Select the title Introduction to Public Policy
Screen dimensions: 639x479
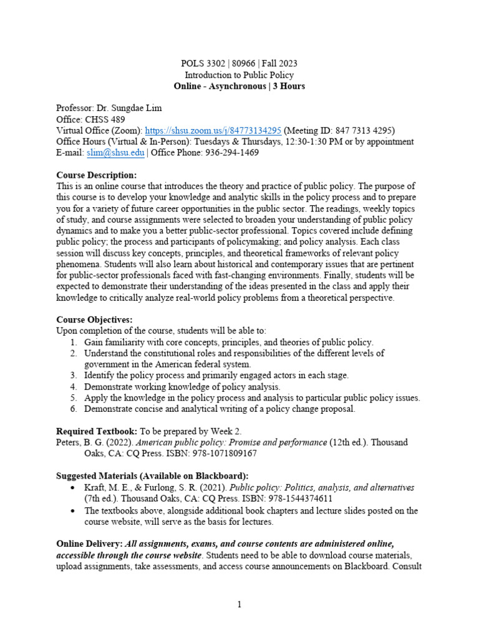(239, 75)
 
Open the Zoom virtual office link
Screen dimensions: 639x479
(213, 130)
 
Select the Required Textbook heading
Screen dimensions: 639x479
(97, 431)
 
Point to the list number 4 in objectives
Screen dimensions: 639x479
(73, 387)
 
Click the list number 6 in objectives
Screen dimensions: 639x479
(73, 409)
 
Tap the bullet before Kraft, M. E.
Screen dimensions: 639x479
(74, 487)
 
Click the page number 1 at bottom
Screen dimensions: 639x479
(239, 605)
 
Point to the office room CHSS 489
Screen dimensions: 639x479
(105, 119)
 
